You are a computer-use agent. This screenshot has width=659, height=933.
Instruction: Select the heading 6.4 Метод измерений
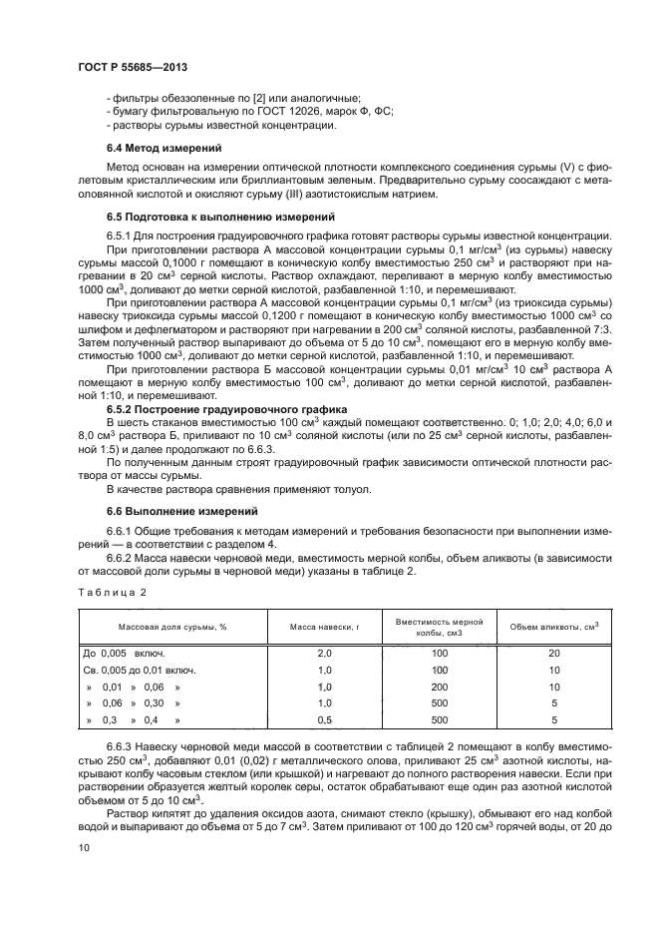point(165,148)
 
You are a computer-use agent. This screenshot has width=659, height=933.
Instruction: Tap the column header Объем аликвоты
point(554,626)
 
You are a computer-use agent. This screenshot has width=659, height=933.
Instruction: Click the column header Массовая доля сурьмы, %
point(173,626)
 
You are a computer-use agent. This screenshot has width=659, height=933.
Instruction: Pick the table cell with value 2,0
point(323,653)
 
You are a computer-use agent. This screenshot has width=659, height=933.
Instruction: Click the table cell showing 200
point(440,687)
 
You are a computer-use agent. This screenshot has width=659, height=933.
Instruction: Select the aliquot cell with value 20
point(554,653)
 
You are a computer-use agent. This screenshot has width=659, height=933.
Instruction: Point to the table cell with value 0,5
point(323,719)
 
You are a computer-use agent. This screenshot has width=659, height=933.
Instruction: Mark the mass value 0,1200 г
point(251,314)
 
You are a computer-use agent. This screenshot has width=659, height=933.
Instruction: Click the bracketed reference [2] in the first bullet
point(246,97)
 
